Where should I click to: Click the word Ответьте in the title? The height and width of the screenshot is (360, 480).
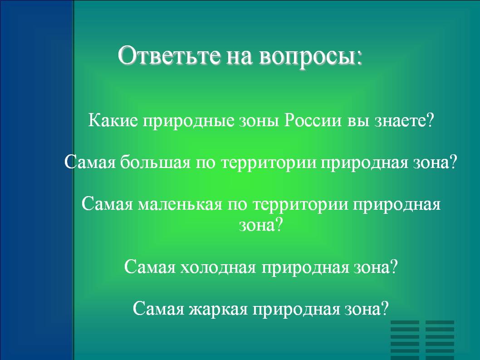pos(169,55)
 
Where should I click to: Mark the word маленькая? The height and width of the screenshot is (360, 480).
pos(180,205)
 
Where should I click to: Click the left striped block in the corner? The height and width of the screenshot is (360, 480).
pos(405,340)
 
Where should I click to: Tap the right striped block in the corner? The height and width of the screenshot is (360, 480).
pos(440,340)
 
